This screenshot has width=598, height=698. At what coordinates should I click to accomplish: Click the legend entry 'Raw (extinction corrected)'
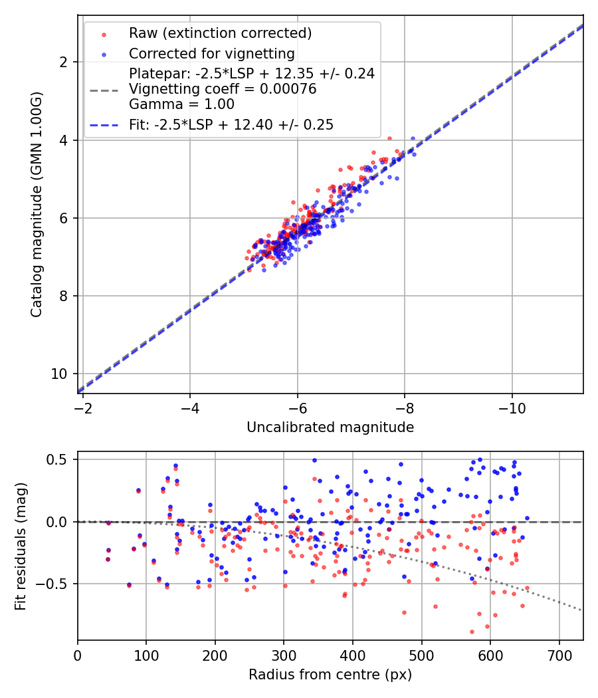coord(220,33)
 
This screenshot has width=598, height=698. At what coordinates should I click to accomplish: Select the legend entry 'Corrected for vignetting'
coord(212,53)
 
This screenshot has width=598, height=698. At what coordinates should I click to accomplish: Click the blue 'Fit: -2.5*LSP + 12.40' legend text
coord(231,124)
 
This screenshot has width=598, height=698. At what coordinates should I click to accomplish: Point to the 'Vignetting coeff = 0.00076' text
coord(223,88)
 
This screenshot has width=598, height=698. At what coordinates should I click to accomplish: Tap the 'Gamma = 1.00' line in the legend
coord(181,104)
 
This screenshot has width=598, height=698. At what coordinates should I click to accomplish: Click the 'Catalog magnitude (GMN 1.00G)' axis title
coord(36,204)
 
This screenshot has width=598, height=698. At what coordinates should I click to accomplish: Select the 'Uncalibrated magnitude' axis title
coord(330,427)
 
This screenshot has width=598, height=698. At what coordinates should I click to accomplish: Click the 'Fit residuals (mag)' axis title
coord(21,546)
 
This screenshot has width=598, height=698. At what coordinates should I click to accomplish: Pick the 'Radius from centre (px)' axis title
coord(330,675)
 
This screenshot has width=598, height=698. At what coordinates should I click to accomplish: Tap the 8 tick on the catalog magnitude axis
coord(64,296)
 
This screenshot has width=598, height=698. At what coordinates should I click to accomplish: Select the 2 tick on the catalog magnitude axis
coord(64,62)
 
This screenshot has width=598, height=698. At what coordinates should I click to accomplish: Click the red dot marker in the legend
coord(103,33)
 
